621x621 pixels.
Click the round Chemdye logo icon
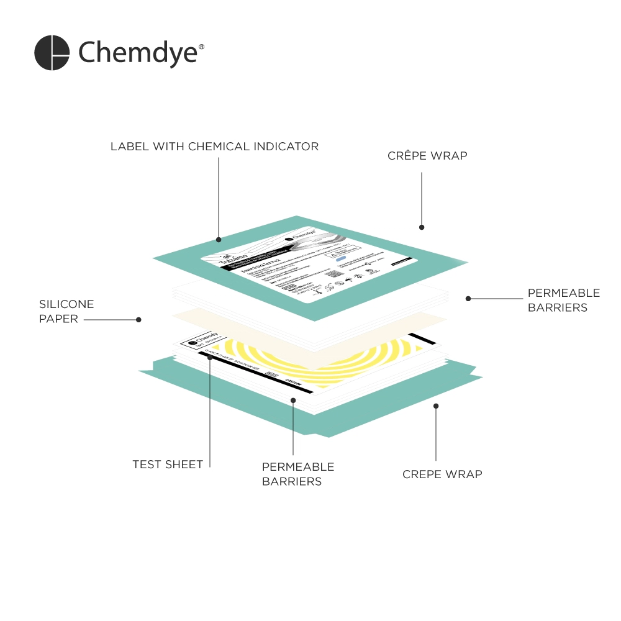click(x=52, y=53)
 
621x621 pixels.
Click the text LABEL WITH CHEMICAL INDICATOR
click(x=214, y=147)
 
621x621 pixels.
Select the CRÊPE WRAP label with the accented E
click(x=427, y=156)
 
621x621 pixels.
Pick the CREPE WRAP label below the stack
click(x=442, y=474)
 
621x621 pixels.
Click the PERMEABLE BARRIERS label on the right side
click(x=563, y=300)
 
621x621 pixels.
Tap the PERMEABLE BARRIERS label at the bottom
click(x=298, y=474)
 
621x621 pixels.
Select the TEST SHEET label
click(x=168, y=464)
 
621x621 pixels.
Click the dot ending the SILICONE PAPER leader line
click(x=138, y=320)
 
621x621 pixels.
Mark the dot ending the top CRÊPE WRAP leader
click(x=422, y=227)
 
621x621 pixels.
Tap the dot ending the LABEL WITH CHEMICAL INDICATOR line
click(x=219, y=239)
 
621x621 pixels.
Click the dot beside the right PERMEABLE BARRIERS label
click(x=468, y=299)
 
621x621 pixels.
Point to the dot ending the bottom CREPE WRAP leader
click(x=436, y=406)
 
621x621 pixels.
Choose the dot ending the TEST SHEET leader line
click(x=211, y=358)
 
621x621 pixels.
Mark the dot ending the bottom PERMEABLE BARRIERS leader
click(x=293, y=401)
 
